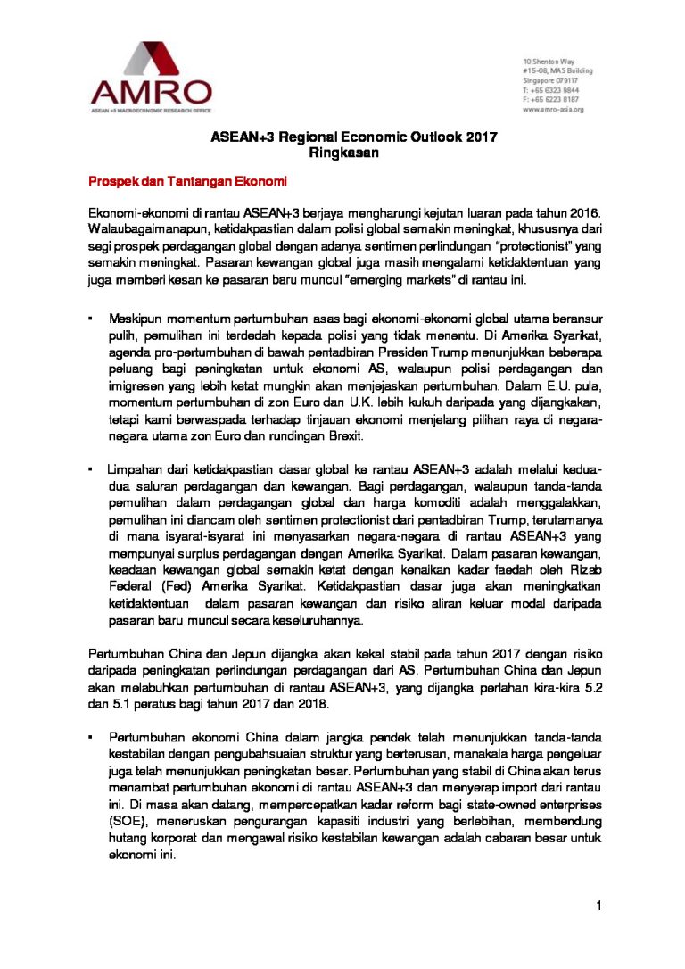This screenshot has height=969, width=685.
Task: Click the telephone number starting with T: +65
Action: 550,90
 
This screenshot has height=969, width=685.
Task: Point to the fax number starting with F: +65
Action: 550,99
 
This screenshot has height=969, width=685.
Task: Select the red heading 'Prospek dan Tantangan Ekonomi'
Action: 186,182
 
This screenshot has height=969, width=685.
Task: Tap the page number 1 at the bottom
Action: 600,907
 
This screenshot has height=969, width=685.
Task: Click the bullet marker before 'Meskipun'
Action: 90,319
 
